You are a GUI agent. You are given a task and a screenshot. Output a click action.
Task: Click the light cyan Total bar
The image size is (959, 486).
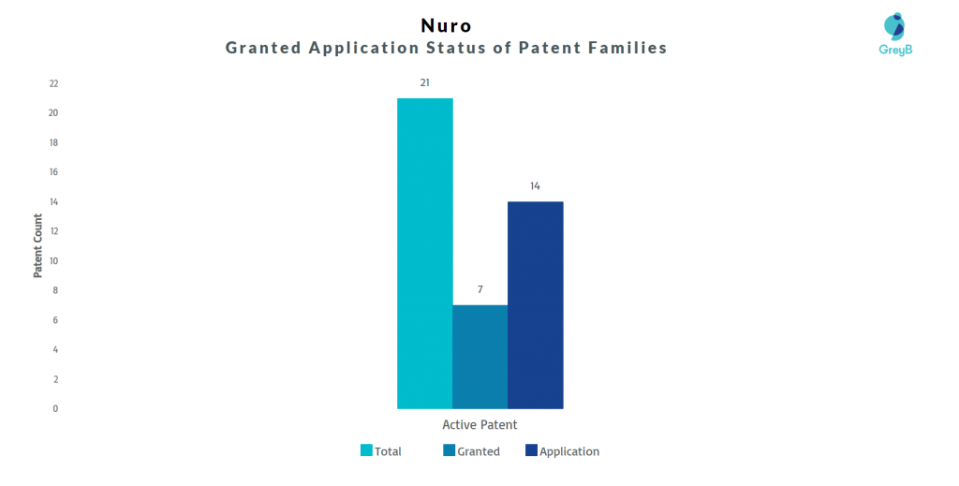425,253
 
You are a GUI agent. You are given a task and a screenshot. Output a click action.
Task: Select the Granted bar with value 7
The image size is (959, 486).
480,357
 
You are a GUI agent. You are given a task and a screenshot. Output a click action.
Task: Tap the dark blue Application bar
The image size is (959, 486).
535,305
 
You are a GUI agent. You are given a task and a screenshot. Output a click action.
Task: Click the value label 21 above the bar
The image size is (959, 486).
425,82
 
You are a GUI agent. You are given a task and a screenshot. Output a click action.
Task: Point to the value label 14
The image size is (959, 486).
535,185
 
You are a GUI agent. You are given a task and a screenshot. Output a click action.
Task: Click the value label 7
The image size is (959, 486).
480,289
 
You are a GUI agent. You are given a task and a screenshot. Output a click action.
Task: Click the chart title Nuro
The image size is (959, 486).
447,25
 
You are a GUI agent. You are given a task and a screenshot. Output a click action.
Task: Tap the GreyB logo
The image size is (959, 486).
895,35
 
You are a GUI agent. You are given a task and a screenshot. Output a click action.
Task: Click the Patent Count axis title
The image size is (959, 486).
37,245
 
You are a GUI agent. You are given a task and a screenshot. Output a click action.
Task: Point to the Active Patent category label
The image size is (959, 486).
480,424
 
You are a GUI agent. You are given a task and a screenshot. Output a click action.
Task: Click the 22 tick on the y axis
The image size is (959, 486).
53,83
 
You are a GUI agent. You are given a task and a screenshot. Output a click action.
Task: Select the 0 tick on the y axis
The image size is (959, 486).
55,408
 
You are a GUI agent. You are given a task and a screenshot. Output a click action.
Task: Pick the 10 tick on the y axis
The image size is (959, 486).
53,261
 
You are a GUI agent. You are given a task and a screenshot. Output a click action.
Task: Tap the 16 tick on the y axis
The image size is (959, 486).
53,171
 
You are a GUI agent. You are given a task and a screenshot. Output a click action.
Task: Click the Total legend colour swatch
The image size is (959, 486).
366,450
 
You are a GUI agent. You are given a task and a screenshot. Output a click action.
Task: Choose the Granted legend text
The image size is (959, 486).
479,451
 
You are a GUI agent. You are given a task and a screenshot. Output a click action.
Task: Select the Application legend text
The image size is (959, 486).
569,451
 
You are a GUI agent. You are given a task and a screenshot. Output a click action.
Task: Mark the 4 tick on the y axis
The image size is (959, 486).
55,349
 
